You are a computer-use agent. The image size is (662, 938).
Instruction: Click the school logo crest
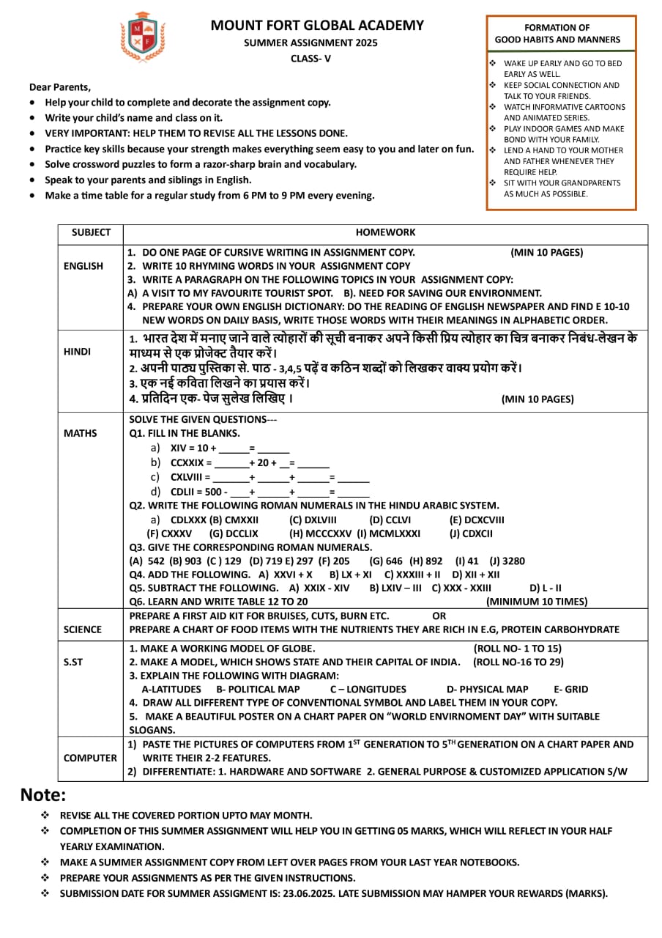(x=143, y=37)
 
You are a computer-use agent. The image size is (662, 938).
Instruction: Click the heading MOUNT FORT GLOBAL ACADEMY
(x=317, y=26)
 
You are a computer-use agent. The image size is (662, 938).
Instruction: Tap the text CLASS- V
(x=310, y=59)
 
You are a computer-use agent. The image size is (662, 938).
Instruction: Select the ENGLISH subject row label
(x=83, y=266)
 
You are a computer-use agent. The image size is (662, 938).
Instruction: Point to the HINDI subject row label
(x=77, y=352)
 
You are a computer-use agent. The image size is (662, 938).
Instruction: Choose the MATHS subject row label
(x=80, y=433)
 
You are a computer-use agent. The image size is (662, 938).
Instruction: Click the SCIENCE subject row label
(x=83, y=629)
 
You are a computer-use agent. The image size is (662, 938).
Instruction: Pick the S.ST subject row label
(x=72, y=662)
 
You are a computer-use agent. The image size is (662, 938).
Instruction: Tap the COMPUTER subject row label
(x=90, y=758)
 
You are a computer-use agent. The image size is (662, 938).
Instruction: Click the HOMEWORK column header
(x=385, y=232)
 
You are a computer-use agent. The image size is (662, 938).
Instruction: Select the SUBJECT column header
(x=91, y=232)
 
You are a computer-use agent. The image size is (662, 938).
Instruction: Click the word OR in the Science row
(x=439, y=616)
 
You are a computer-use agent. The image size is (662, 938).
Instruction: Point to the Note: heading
(x=43, y=795)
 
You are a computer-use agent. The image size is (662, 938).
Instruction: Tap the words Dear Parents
(x=60, y=86)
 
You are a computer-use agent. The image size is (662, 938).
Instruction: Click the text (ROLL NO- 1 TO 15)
(x=518, y=649)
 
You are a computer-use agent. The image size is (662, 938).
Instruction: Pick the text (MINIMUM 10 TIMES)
(x=537, y=602)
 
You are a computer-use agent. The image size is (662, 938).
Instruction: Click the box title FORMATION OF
(x=557, y=28)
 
